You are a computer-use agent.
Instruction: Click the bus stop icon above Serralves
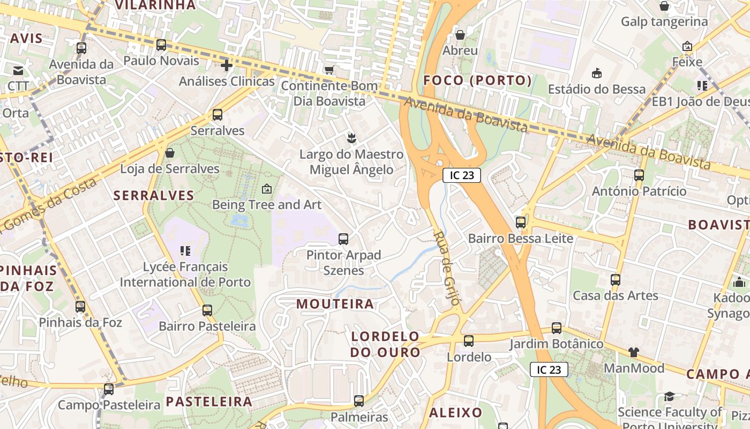click(217, 114)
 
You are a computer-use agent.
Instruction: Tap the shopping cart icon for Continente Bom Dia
click(329, 70)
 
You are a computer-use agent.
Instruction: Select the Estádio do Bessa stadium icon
click(597, 73)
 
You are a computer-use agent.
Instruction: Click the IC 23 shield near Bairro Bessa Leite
click(461, 175)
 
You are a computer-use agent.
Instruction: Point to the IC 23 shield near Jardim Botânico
click(549, 369)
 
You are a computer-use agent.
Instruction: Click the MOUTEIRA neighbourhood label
click(335, 304)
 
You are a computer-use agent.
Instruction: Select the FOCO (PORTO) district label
click(478, 80)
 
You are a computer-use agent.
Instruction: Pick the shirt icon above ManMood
click(634, 352)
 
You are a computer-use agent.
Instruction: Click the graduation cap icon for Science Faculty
click(669, 396)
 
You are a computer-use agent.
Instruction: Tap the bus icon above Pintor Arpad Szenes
click(343, 239)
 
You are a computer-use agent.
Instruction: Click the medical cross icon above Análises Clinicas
click(227, 65)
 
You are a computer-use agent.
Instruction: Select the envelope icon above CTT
click(18, 70)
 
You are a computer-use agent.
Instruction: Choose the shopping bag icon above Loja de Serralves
click(170, 153)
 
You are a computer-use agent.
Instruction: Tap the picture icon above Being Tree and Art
click(266, 189)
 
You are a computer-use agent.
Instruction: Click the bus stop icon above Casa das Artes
click(616, 279)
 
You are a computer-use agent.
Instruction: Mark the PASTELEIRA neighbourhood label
click(208, 402)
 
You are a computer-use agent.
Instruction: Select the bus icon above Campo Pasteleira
click(109, 389)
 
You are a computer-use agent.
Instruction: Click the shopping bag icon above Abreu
click(460, 35)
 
